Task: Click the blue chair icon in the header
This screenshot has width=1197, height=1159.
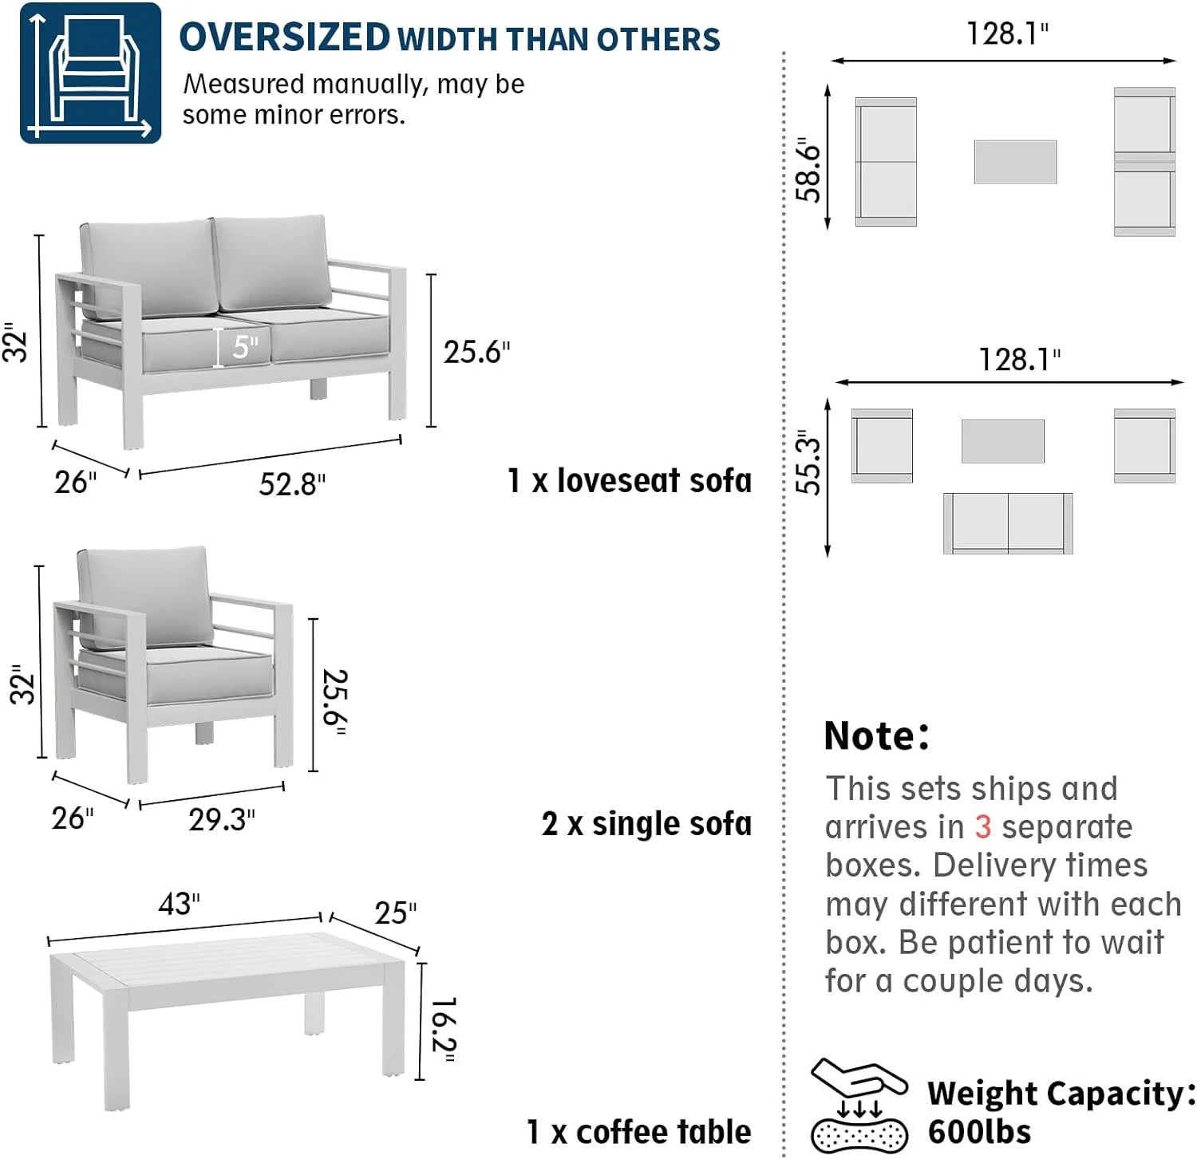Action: coord(90,73)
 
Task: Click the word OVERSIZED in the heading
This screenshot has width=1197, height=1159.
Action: coord(284,37)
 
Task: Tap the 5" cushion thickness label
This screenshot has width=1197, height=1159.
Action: coord(246,346)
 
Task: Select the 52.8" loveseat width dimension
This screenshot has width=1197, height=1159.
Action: coord(292,484)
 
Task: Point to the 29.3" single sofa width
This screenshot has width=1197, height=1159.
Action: coord(222,819)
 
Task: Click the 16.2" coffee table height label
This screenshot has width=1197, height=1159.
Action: coord(442,1031)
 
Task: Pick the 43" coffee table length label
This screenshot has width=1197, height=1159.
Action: coord(179,904)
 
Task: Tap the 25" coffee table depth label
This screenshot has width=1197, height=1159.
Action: coord(396,913)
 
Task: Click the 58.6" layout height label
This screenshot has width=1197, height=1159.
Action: coord(808,170)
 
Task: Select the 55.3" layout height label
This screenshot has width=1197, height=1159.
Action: coord(808,463)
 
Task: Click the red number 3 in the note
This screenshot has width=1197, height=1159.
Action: coord(982,826)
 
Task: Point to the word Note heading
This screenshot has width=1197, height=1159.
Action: coord(876,735)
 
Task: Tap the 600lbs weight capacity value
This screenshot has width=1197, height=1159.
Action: coord(979,1131)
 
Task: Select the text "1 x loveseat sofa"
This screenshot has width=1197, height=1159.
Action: coord(630,480)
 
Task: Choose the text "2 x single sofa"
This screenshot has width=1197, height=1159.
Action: coord(646,823)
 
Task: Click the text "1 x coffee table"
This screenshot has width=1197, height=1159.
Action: coord(638,1131)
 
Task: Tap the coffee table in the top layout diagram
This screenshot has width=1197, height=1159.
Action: coord(1015,162)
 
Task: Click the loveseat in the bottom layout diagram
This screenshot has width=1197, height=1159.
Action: coord(1008,523)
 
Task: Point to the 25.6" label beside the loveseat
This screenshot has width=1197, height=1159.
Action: coord(476,352)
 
